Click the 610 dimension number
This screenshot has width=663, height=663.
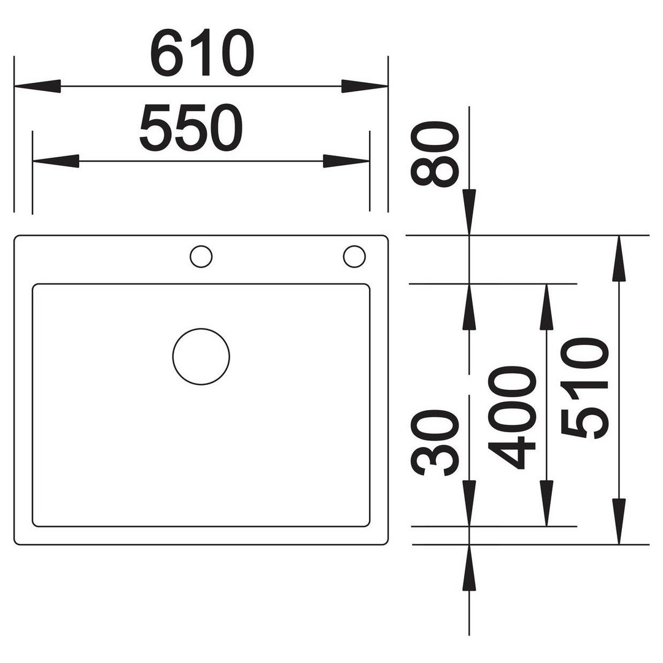[202, 53]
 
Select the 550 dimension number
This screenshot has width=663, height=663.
[191, 128]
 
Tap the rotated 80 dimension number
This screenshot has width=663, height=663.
[435, 153]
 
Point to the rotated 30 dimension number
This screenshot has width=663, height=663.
[435, 442]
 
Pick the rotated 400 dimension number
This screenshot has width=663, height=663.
[511, 418]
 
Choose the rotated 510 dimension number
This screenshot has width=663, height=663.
[585, 388]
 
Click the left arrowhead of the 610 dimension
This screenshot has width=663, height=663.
[37, 87]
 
